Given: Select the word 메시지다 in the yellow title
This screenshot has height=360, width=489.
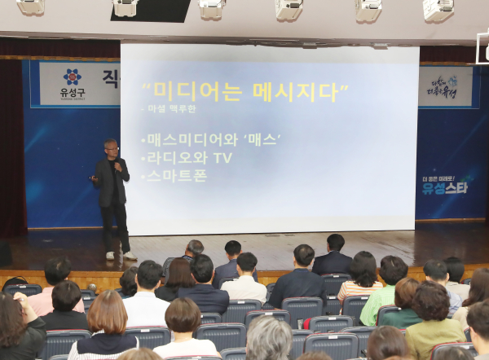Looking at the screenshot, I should (297, 90).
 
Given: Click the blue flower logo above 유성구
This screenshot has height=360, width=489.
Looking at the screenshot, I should (73, 77).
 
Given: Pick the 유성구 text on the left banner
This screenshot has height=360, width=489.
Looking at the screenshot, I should (73, 93).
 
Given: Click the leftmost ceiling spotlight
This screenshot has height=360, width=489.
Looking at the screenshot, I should (31, 7).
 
